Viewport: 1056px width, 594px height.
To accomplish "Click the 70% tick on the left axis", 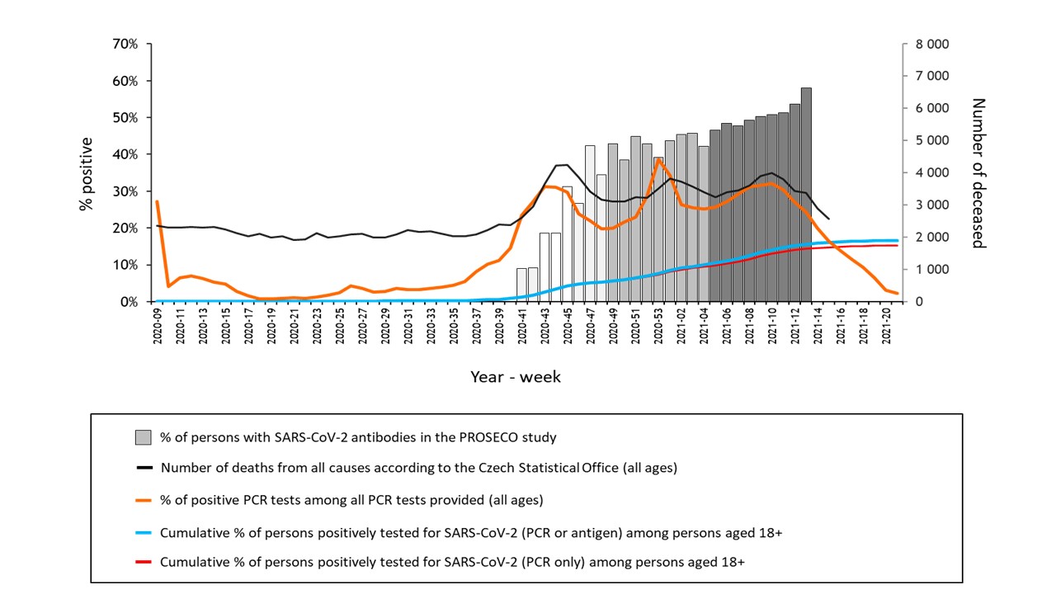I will (x=125, y=44).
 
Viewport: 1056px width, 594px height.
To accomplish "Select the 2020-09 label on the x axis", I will (x=157, y=326).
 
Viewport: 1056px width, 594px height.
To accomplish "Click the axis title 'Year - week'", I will (x=516, y=377).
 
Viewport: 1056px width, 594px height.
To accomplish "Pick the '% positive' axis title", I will (x=87, y=173).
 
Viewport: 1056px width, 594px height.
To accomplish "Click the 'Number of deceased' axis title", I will (x=978, y=173).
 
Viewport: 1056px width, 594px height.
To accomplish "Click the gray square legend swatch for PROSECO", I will (x=144, y=436).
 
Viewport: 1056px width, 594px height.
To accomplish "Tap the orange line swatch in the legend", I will (x=145, y=500).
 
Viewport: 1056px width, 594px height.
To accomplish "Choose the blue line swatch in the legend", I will (x=145, y=533).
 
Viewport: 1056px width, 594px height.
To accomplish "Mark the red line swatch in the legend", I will (x=145, y=563).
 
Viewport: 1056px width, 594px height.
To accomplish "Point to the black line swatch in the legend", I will (x=145, y=468).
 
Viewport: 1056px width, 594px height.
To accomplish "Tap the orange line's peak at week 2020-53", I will (x=658, y=158).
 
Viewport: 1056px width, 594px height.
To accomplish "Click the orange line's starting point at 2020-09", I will (x=157, y=201).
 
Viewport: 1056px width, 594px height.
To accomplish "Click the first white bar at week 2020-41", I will (x=521, y=285).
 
